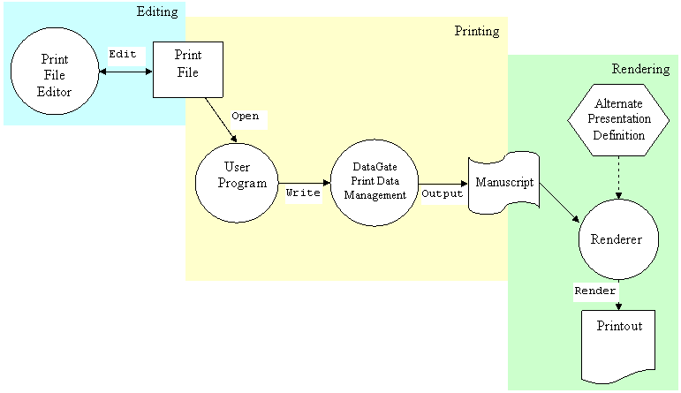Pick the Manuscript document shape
(503, 184)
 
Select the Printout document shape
(619, 339)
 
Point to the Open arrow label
(245, 116)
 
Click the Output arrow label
(442, 193)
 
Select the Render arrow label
(595, 290)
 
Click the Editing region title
(157, 12)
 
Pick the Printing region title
(476, 32)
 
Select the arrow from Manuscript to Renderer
(559, 201)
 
